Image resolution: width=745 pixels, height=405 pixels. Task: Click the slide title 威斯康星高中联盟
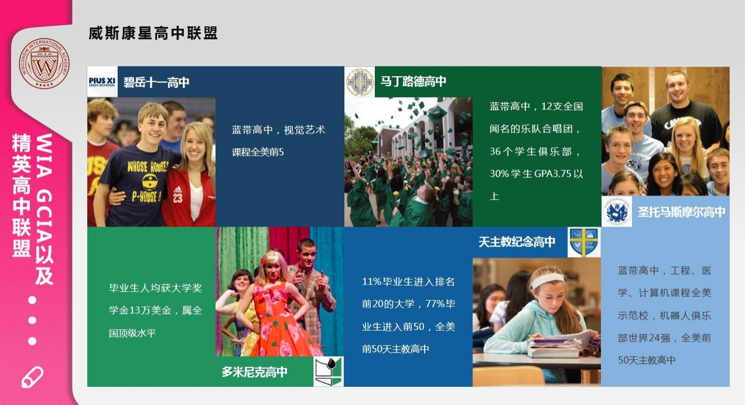tap(153, 33)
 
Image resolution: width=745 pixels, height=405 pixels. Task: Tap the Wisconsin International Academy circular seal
tap(45, 63)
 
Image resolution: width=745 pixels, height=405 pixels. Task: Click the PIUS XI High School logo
tap(102, 82)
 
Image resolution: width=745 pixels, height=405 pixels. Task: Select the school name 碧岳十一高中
tap(156, 83)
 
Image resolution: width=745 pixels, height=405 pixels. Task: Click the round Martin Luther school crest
tap(360, 82)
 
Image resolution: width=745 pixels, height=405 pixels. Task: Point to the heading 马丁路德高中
tap(413, 81)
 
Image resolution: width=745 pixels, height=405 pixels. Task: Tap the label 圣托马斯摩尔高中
tap(681, 212)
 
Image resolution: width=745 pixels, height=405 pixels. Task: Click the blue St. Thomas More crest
tap(617, 211)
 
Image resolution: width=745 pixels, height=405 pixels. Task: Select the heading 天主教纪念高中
tap(517, 242)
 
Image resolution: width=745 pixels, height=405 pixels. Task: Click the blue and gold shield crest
tap(584, 242)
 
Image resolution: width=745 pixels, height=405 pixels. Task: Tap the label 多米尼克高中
tap(254, 372)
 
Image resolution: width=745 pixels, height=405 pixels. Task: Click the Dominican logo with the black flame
tap(328, 372)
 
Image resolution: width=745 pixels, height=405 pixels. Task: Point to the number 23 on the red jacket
tap(178, 198)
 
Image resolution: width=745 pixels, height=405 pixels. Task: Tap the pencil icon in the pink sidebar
tap(32, 377)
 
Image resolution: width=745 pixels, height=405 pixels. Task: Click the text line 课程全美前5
tap(258, 152)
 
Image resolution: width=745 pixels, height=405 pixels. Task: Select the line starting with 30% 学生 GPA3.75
tap(536, 174)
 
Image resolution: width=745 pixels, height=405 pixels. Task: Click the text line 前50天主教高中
tap(395, 349)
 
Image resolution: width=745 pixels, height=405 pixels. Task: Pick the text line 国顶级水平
tap(132, 333)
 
